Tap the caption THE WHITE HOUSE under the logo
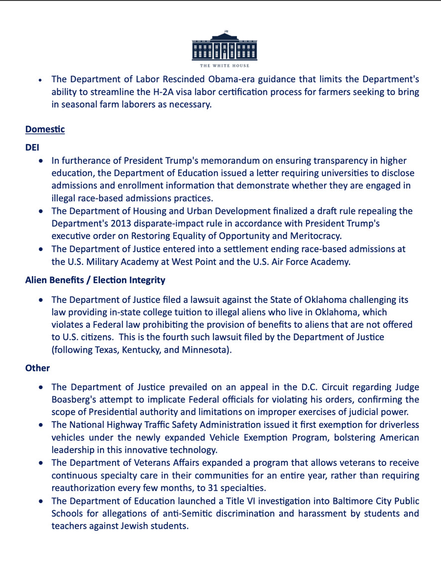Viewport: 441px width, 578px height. (x=224, y=66)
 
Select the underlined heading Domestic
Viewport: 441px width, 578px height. (x=45, y=130)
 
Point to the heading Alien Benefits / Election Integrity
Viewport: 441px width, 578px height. (x=95, y=280)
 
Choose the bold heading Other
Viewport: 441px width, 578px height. (x=37, y=368)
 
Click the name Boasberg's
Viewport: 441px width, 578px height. (x=72, y=400)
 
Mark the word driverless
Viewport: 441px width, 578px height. (x=396, y=425)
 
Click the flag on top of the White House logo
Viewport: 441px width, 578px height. (x=225, y=31)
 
